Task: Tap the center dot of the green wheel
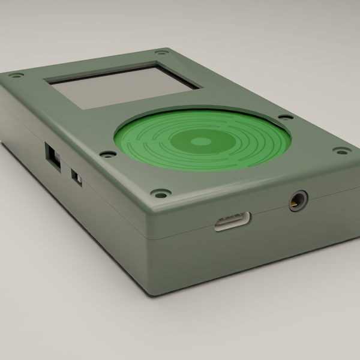(202, 142)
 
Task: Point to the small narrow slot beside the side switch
(77, 178)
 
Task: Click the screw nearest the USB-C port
(160, 194)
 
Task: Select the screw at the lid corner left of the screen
(16, 76)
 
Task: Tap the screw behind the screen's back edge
(160, 52)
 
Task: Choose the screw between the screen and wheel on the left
(108, 154)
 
